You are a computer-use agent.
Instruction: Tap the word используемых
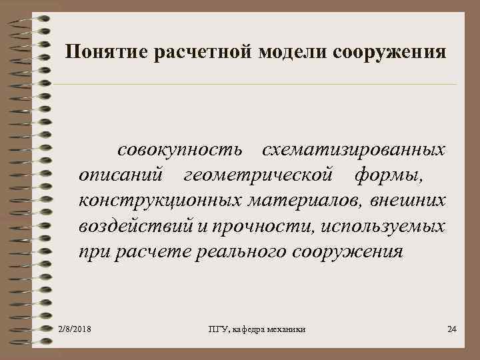click(x=383, y=226)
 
